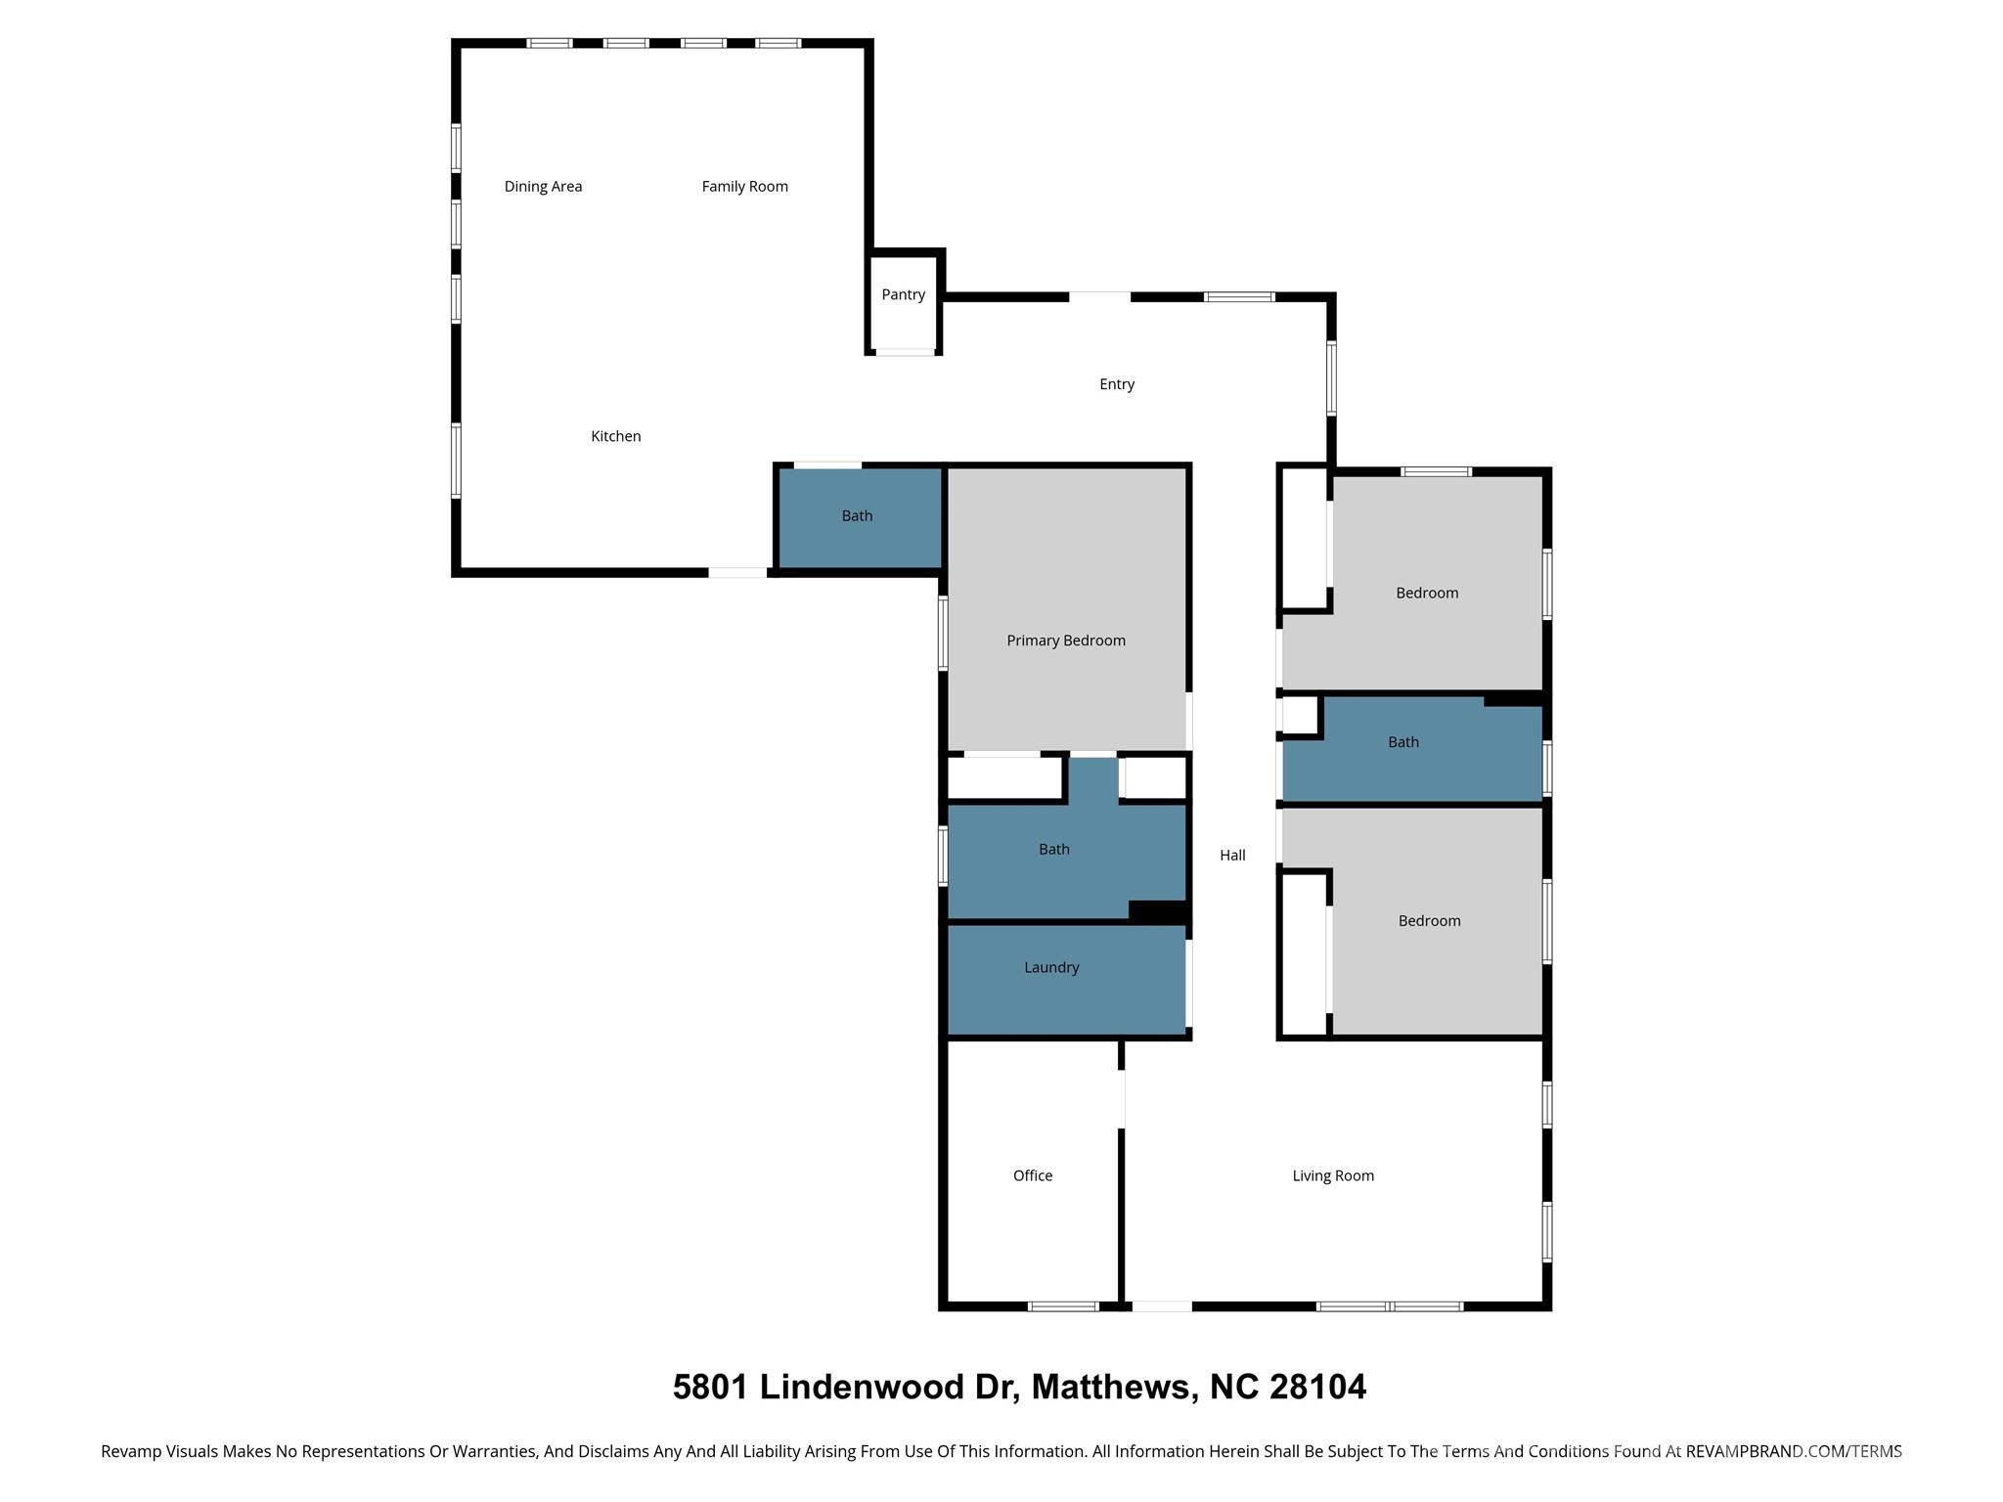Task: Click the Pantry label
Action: [903, 294]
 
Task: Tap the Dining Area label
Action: [543, 186]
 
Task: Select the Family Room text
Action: [744, 186]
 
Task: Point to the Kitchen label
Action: [615, 436]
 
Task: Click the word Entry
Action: [1116, 384]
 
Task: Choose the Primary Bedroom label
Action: [1065, 641]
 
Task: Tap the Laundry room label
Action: [1051, 967]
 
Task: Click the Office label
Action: [1032, 1175]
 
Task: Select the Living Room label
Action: [1332, 1175]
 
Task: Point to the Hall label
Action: [1231, 856]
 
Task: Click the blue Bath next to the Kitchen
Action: [857, 516]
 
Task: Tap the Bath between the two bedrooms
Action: [1402, 742]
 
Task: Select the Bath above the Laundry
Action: [1053, 850]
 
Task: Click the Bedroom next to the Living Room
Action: [1429, 921]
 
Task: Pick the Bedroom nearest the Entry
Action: [1426, 593]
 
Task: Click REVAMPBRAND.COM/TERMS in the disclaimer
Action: [1793, 1451]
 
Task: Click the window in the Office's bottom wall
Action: [1063, 1306]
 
